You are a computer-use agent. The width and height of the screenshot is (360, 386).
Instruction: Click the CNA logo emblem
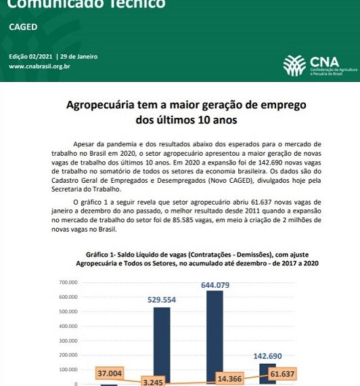(294, 65)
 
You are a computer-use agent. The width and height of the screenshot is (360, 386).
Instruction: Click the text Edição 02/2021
(30, 56)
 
